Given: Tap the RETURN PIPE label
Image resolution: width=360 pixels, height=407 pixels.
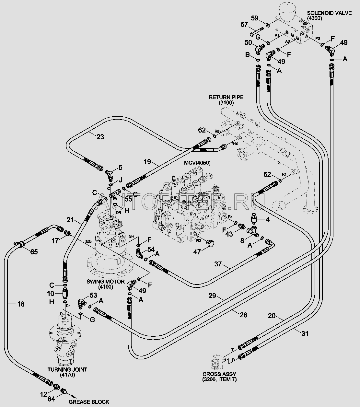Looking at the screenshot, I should click(226, 97).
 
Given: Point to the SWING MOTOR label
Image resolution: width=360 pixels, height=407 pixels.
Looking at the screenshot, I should click(105, 282).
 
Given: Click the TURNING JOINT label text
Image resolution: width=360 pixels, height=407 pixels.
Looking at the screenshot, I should click(67, 369).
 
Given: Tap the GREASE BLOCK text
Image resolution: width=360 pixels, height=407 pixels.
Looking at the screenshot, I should click(88, 402).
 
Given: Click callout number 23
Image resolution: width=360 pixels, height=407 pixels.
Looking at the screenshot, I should click(100, 137).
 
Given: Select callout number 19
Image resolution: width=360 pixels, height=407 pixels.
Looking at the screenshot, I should click(148, 161).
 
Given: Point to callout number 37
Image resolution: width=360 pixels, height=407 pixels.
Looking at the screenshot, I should click(218, 264).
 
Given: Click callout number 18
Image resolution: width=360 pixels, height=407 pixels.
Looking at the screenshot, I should click(21, 304).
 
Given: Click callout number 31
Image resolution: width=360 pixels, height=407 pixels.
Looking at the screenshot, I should click(305, 333).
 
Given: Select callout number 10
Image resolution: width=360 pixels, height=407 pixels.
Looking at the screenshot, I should click(51, 294).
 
